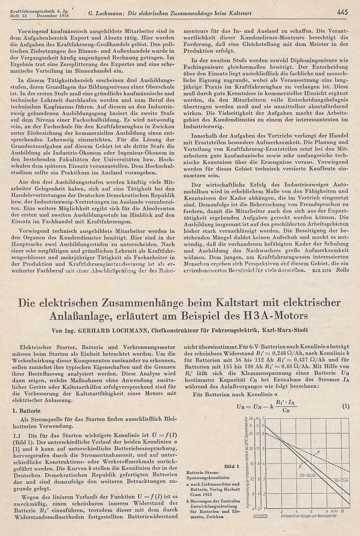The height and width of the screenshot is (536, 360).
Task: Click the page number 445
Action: (x=343, y=12)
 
